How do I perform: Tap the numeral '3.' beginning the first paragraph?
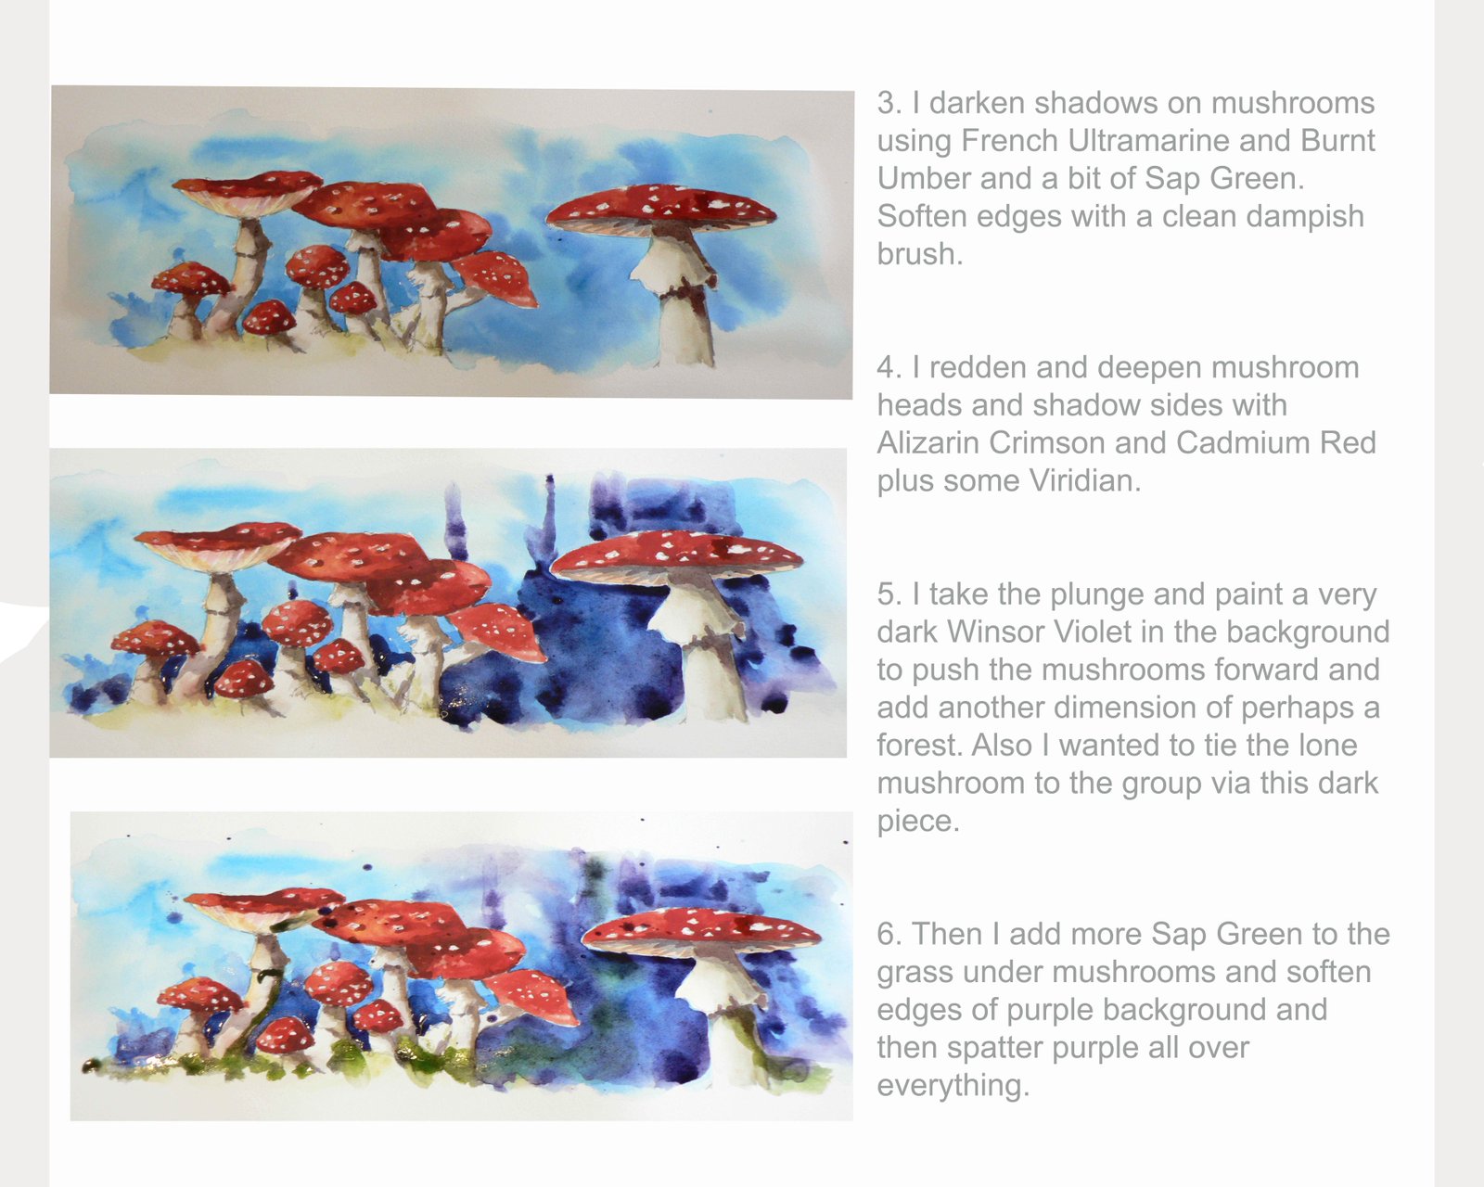coord(890,104)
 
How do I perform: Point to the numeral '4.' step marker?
coord(890,367)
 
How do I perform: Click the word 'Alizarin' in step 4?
coord(928,442)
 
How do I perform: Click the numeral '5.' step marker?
coord(890,594)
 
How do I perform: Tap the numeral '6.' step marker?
coord(890,935)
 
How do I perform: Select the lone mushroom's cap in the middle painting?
coord(676,555)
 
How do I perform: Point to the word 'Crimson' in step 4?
coord(1047,442)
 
